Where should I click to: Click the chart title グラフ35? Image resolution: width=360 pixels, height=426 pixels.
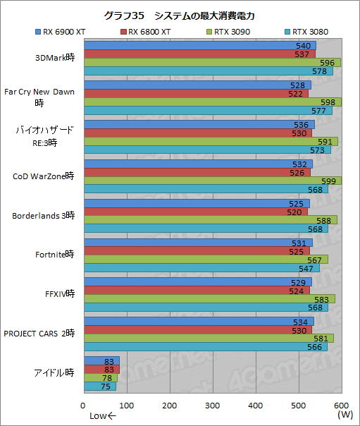(x=180, y=15)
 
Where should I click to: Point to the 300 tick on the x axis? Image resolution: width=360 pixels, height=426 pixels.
(x=212, y=405)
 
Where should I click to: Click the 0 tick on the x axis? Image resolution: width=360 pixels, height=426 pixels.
(x=83, y=405)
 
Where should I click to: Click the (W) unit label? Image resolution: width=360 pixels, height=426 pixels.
(x=345, y=415)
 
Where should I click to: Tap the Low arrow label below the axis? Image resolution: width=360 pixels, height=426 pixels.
(x=102, y=415)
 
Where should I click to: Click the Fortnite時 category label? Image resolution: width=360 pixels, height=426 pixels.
(x=54, y=254)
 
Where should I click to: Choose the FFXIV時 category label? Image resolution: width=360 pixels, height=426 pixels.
(x=59, y=293)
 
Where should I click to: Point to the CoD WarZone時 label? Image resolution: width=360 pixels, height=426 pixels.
(x=44, y=176)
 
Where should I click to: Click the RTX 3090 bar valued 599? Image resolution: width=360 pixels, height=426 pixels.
(x=211, y=181)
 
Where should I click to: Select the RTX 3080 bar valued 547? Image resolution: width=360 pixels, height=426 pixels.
(x=201, y=267)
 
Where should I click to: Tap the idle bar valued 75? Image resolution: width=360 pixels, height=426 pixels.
(x=99, y=386)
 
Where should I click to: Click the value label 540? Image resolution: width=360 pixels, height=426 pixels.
(x=304, y=45)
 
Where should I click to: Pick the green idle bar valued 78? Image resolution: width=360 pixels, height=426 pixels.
(x=100, y=377)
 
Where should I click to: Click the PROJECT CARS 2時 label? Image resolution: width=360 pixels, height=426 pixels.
(x=39, y=332)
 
